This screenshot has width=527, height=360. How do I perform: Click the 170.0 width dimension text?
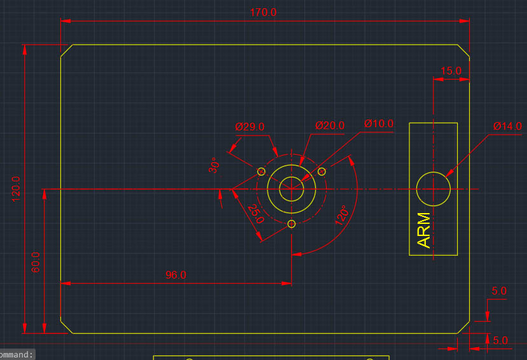tap(263, 13)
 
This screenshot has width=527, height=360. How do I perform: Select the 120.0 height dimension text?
tap(17, 188)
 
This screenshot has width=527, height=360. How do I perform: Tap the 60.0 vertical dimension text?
tap(36, 262)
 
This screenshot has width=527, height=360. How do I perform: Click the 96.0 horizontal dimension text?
tap(175, 275)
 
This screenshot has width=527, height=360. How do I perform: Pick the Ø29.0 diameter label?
tap(249, 127)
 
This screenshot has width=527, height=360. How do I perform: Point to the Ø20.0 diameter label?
tap(330, 125)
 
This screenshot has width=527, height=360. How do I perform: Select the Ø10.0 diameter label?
tap(379, 123)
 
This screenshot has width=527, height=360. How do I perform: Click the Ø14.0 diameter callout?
tap(507, 126)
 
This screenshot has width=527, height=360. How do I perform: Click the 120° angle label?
tap(343, 216)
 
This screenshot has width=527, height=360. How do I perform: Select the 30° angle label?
tap(214, 165)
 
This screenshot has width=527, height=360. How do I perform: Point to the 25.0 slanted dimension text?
tap(256, 214)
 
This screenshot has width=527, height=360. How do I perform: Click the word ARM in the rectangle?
tap(424, 230)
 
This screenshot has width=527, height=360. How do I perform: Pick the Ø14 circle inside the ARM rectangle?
tap(434, 189)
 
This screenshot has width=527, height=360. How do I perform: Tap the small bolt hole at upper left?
tap(261, 172)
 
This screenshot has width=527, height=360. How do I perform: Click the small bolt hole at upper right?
tap(322, 171)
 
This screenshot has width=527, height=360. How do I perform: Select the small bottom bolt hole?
tap(292, 223)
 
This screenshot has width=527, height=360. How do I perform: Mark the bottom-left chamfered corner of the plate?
tap(67, 326)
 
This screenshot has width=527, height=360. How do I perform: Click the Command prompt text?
tap(17, 355)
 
